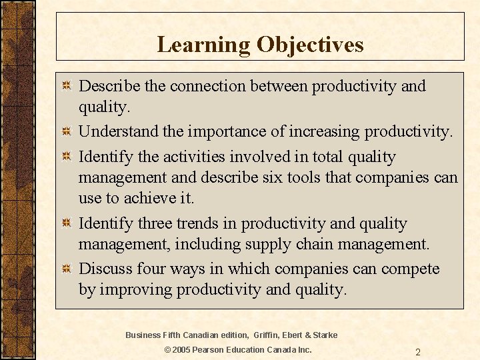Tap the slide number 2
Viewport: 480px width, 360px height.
click(417, 352)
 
